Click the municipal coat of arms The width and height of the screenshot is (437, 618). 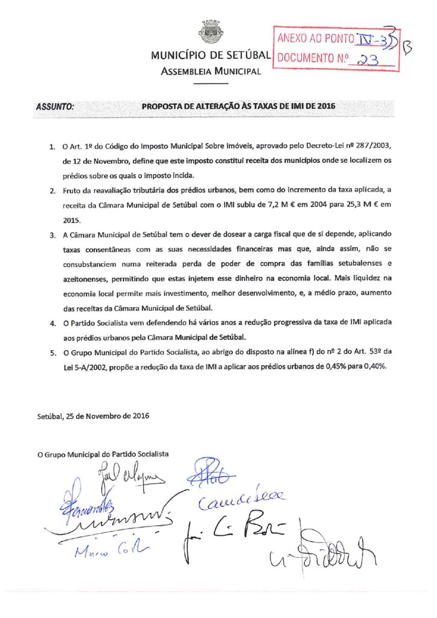(x=211, y=31)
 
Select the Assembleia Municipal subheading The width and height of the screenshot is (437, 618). (x=211, y=72)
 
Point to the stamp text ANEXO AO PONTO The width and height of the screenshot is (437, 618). (x=314, y=40)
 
